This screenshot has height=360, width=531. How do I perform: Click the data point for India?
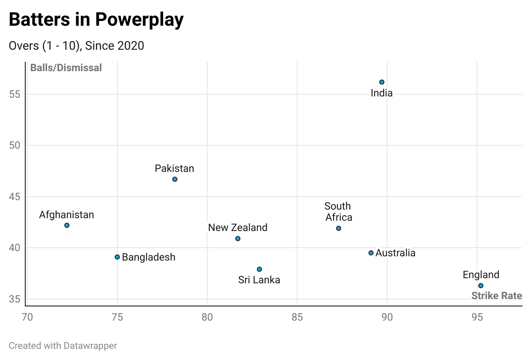pos(382,82)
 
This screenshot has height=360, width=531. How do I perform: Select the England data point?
pos(480,285)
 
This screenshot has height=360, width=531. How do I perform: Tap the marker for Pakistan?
pos(175,179)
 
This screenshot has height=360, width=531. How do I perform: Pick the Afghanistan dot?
pos(67,225)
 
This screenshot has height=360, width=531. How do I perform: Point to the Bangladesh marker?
pos(117,257)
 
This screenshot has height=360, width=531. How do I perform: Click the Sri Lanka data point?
pos(259,269)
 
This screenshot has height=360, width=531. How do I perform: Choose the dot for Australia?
pos(371,253)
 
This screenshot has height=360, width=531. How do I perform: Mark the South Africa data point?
pos(338,228)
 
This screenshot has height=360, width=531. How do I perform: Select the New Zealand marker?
pos(238,238)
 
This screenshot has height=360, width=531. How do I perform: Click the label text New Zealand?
pos(238,228)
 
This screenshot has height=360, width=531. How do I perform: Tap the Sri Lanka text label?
pos(259,280)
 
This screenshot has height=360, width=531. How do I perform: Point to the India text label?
pos(382,93)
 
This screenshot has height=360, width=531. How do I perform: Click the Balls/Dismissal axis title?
pos(66,68)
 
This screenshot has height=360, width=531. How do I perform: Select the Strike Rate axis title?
pos(496,296)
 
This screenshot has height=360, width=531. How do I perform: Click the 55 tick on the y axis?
pos(15,94)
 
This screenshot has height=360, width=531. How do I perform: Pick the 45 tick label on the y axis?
pos(15,197)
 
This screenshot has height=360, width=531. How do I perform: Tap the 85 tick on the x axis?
pos(297,317)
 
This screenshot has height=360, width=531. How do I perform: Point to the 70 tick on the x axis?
pos(27,317)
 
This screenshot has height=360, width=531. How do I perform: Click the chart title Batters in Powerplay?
pos(96,19)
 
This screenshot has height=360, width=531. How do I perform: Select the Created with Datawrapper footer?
pos(63,345)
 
